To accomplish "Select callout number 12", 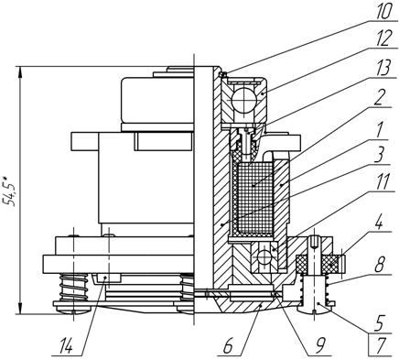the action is click(381, 38).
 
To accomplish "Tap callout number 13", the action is click(381, 68).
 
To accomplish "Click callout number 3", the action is click(379, 156).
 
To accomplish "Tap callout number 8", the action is click(379, 265).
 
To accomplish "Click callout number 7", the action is click(381, 346).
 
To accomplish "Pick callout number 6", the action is click(228, 346).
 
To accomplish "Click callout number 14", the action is click(66, 346).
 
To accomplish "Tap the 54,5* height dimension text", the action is click(9, 191).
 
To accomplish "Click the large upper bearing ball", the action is click(243, 100).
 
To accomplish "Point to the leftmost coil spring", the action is click(73, 288).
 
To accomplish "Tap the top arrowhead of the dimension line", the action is click(20, 72).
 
